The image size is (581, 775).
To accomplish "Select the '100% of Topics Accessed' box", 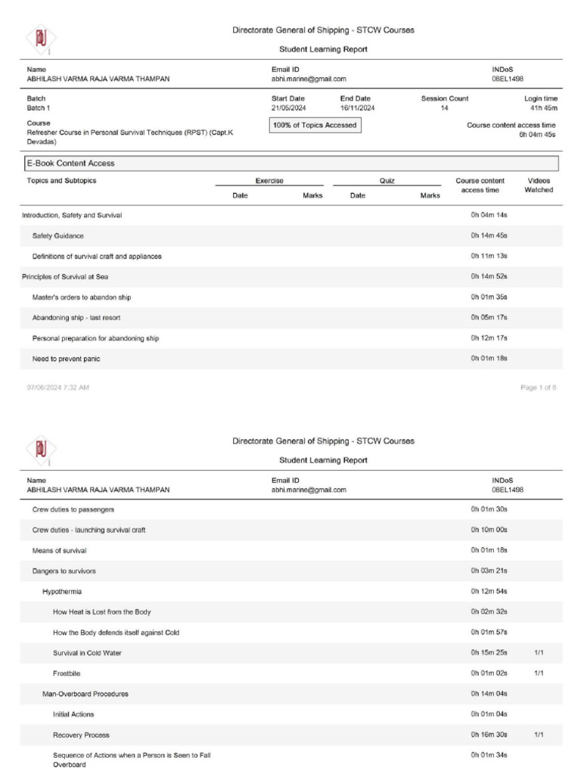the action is tap(315, 125).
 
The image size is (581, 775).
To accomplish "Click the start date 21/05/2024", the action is tap(288, 108).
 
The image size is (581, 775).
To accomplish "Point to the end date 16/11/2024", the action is tap(358, 108).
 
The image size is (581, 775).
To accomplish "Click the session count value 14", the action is tap(444, 108).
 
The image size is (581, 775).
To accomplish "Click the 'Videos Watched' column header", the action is tap(539, 185).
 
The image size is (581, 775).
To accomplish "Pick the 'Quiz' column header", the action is tap(387, 181).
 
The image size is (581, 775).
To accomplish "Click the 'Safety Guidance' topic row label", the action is tap(58, 236).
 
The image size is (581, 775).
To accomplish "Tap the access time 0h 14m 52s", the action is tap(489, 277).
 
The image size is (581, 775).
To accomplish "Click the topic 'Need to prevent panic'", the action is tap(67, 359).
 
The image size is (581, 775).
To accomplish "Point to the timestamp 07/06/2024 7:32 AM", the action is tap(58, 387).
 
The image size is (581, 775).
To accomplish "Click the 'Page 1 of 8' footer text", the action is tap(539, 387).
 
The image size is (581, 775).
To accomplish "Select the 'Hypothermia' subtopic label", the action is tap(62, 591).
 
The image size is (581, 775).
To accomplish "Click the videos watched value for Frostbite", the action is tap(539, 673).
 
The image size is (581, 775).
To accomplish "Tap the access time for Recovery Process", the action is tap(489, 735).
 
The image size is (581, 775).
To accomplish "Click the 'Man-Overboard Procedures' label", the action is tap(85, 693).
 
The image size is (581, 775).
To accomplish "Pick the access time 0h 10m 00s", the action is tap(489, 530).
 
